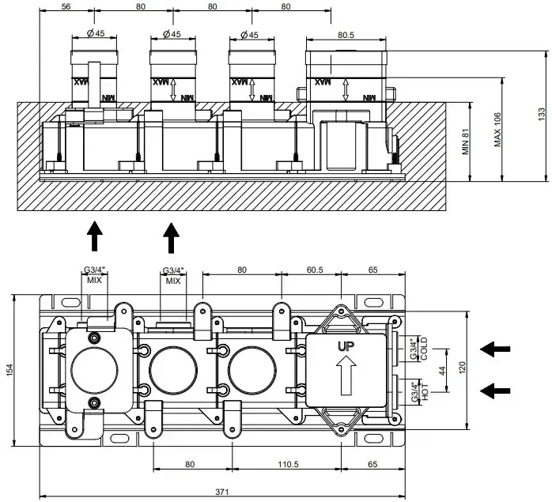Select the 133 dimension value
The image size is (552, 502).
(x=542, y=115)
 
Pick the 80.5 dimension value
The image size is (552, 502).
(x=346, y=35)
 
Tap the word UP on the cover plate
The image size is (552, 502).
(x=346, y=346)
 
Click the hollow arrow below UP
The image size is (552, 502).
(x=346, y=376)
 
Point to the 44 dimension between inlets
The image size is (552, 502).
(x=441, y=370)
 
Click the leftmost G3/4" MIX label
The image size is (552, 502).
(x=94, y=275)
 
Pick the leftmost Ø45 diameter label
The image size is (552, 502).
(x=93, y=35)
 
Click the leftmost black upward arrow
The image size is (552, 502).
(x=94, y=236)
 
